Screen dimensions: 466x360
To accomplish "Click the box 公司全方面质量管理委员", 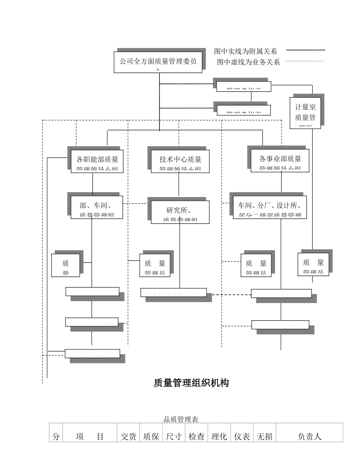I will (x=158, y=62).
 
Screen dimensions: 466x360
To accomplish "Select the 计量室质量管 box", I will (x=305, y=113).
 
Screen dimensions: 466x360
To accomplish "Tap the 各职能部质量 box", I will (x=97, y=161).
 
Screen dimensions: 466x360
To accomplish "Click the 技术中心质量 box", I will (x=180, y=161).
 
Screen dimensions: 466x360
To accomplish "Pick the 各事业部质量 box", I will (x=280, y=161).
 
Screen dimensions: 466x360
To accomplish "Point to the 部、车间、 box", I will (x=97, y=207).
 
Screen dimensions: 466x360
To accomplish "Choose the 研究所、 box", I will (x=180, y=212).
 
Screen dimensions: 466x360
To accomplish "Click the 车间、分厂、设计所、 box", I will (x=269, y=207).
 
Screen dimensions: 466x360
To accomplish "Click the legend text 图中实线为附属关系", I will (x=246, y=51).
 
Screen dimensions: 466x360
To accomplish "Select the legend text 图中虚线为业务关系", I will (x=248, y=62).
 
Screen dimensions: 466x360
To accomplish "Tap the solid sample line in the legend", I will (x=305, y=50).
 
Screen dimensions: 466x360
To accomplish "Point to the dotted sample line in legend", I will (x=304, y=61).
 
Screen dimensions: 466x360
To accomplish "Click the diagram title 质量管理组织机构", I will (x=191, y=383).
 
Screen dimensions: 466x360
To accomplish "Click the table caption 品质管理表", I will (x=181, y=419).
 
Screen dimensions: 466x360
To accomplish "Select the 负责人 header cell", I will (x=309, y=436).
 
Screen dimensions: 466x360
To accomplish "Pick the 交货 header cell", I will (x=128, y=436).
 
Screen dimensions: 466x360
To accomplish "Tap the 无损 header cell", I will (x=265, y=436).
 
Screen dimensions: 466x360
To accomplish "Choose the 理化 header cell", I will (x=219, y=436).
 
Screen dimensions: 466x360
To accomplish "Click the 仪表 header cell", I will (x=242, y=436).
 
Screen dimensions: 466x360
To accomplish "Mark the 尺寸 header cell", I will (x=174, y=436).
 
